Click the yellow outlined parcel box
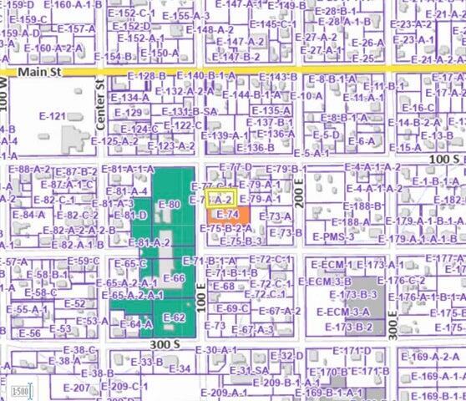tap(221, 199)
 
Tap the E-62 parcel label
tap(174, 318)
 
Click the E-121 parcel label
tap(52, 116)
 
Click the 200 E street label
tap(298, 198)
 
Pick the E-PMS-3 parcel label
tap(334, 237)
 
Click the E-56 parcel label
tap(29, 332)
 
